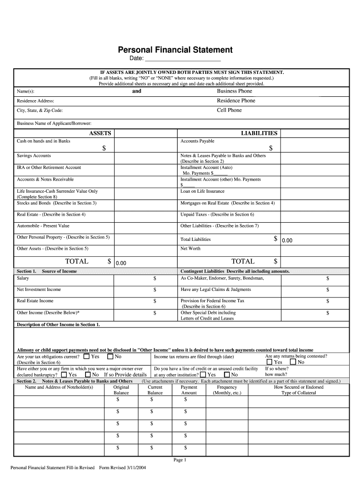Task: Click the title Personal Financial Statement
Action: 175,50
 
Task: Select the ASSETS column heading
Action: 100,133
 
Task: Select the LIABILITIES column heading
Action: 259,133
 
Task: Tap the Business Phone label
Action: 234,91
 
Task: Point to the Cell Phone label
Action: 229,110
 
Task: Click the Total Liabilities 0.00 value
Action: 287,240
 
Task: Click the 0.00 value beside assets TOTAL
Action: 121,263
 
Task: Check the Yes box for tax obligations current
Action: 86,356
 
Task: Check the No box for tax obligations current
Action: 110,356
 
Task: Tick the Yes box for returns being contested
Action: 269,362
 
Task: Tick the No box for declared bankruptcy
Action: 88,375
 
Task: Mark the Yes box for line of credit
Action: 203,375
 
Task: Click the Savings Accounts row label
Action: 34,156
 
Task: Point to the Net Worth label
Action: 190,249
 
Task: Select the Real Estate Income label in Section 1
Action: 35,301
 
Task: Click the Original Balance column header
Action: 121,390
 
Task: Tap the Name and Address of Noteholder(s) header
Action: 59,387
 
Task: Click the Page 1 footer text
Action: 180,460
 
